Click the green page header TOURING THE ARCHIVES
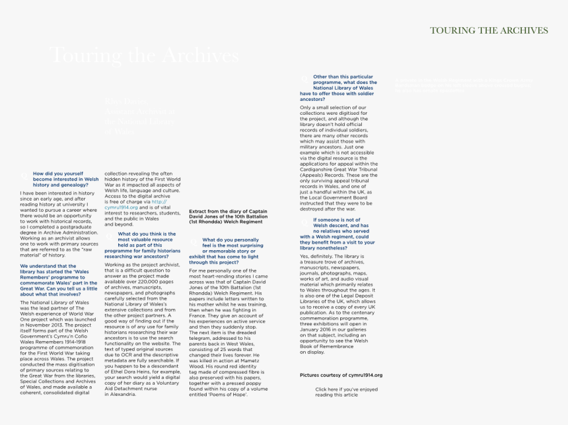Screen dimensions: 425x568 (x=489, y=30)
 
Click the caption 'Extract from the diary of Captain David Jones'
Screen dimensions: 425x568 (x=228, y=216)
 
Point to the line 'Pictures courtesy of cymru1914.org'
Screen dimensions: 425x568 (x=341, y=375)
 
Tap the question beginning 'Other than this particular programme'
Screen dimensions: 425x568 (x=338, y=87)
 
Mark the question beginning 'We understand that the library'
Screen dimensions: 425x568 (x=58, y=280)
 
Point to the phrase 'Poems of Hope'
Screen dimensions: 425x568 (x=229, y=394)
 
